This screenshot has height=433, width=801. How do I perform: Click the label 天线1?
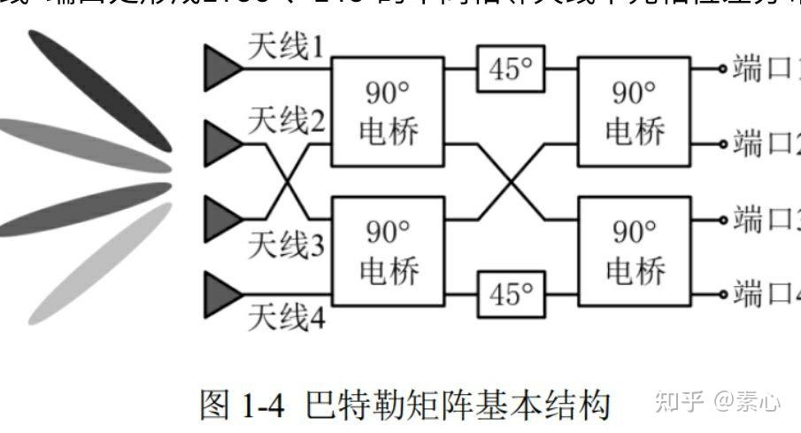tap(286, 49)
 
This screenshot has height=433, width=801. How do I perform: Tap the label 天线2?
tap(286, 120)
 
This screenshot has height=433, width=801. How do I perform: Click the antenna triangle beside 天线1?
tap(221, 68)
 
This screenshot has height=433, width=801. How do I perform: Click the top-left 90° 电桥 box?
tap(386, 112)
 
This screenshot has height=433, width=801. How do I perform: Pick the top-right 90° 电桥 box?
tap(634, 112)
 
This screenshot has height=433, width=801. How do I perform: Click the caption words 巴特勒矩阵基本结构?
tap(457, 406)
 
